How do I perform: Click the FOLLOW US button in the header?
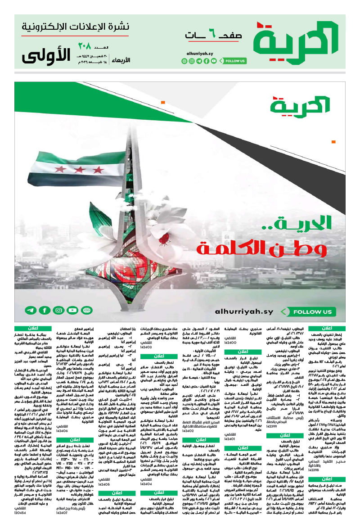pos(235,61)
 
